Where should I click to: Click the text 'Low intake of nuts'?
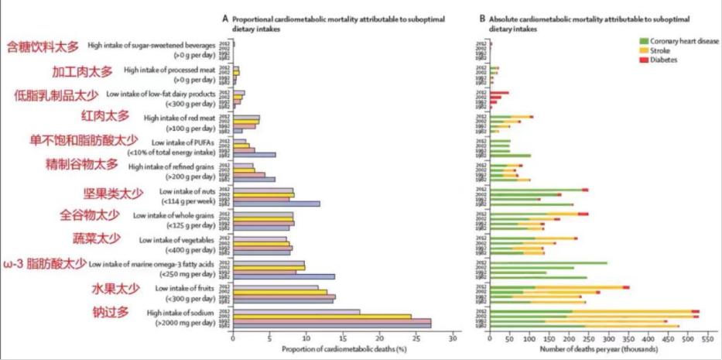187,191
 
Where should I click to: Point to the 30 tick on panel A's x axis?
453,338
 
